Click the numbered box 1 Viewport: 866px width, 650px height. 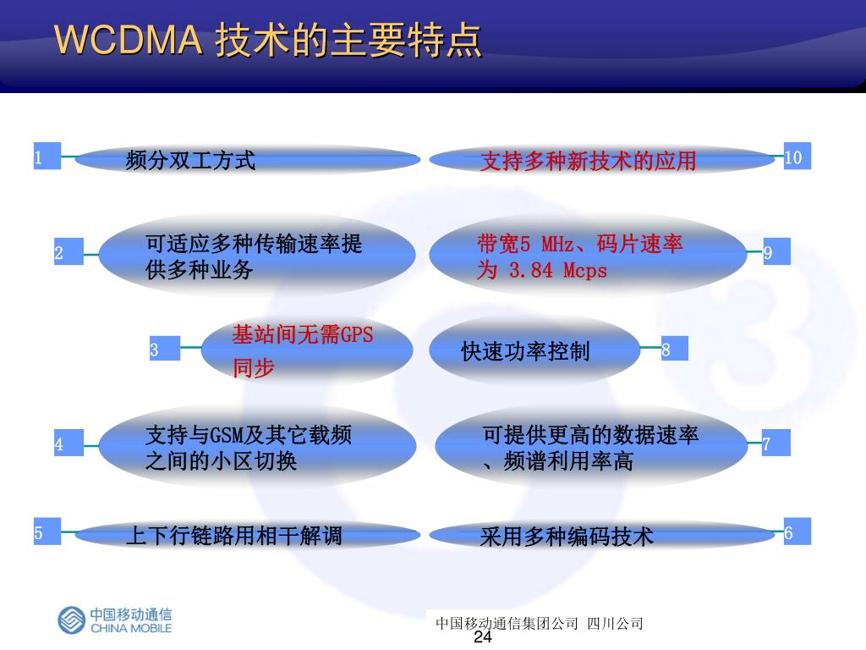(47, 157)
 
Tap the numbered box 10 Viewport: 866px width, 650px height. (797, 157)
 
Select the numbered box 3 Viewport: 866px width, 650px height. (166, 349)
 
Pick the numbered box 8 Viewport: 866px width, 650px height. (674, 349)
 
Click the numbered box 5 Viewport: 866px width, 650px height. (47, 532)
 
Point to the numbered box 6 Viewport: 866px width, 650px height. (797, 532)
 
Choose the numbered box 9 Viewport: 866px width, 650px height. (776, 252)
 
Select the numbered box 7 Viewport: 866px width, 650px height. (776, 443)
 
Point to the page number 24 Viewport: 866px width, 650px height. (483, 637)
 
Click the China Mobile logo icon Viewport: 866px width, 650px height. (71, 620)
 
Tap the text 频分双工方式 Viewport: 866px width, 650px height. (190, 160)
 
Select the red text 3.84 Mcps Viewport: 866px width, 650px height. (558, 271)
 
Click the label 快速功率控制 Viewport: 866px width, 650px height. (525, 351)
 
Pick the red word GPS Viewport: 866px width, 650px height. (356, 334)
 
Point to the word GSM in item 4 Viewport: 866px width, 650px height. (226, 436)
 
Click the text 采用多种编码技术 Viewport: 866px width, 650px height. (567, 537)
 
